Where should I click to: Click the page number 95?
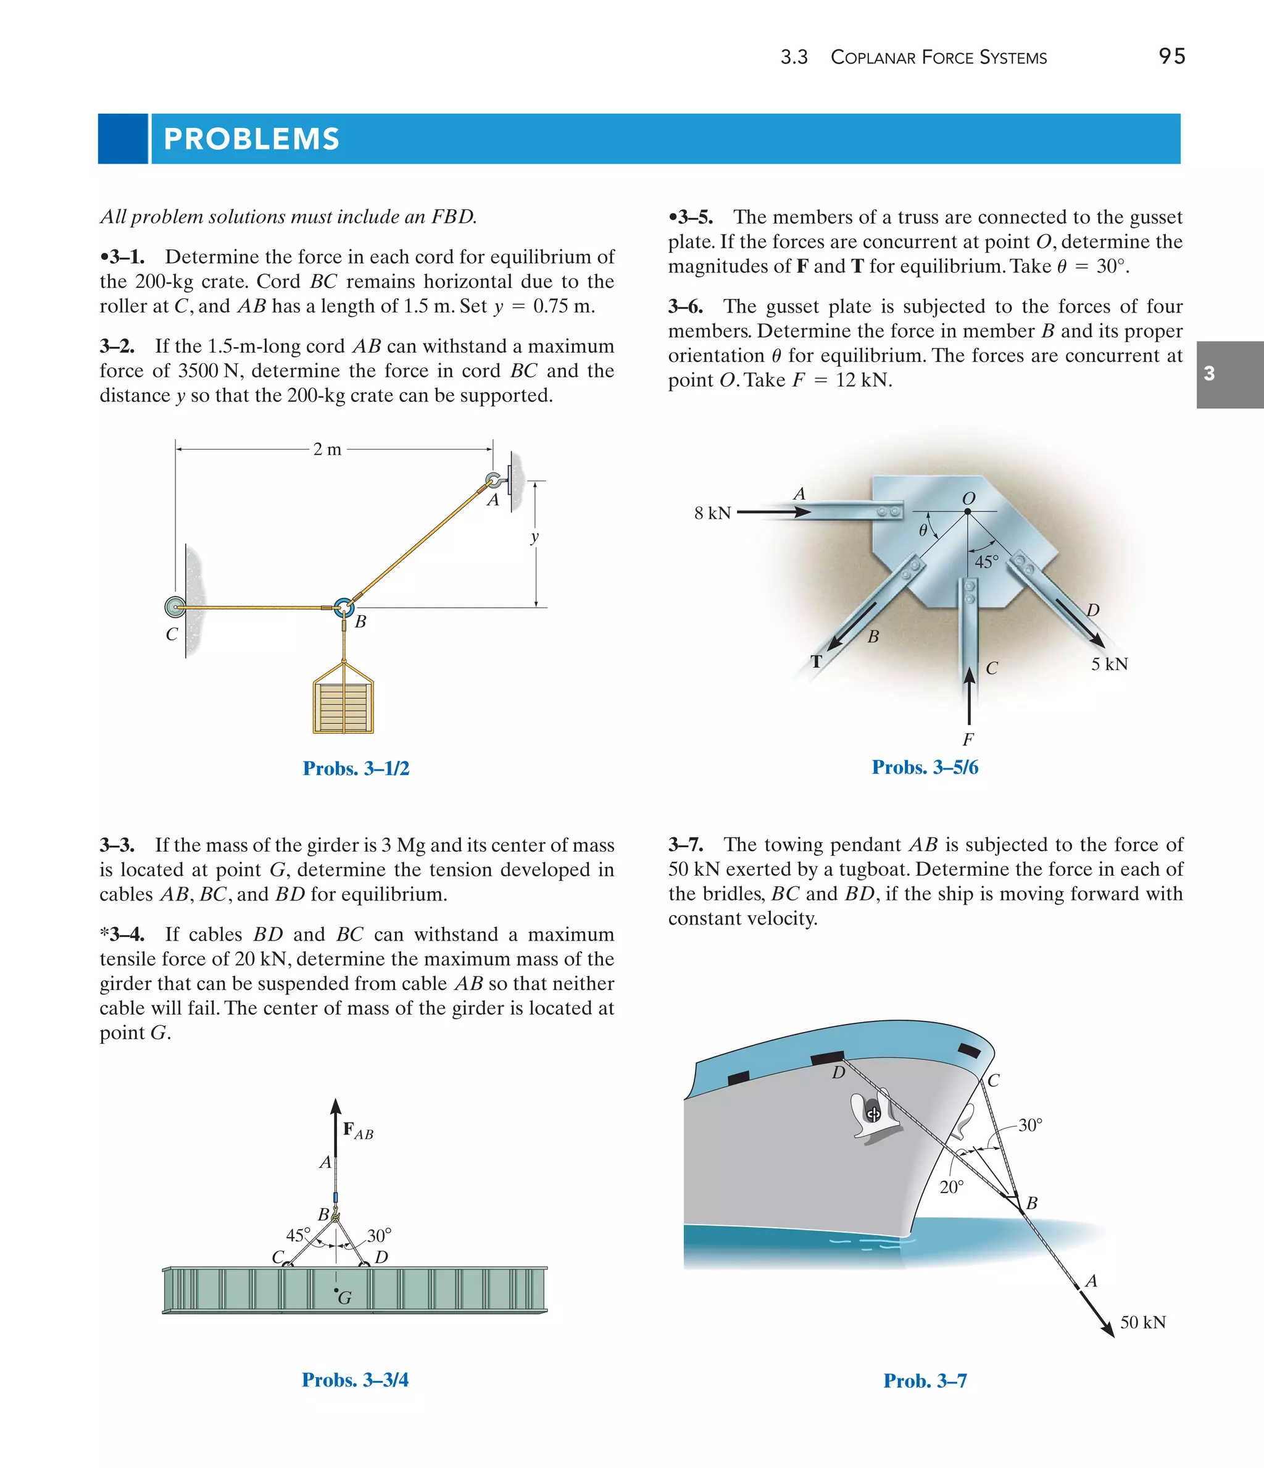click(x=1171, y=56)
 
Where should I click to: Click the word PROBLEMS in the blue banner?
click(x=251, y=139)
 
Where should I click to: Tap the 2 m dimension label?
click(x=327, y=449)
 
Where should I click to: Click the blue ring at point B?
click(x=343, y=607)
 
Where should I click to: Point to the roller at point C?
click(x=174, y=607)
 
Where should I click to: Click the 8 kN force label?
click(x=712, y=513)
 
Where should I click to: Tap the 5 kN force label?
click(x=1109, y=664)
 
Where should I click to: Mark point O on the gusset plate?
click(x=968, y=511)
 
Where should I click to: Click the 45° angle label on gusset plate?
click(x=986, y=562)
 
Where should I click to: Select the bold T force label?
click(x=817, y=661)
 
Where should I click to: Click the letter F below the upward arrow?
click(x=968, y=740)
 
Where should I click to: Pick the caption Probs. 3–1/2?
click(x=355, y=768)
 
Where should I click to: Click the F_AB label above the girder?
click(x=357, y=1131)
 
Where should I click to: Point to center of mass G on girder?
click(x=337, y=1291)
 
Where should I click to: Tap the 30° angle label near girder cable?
click(x=379, y=1236)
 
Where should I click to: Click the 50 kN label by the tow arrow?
click(x=1142, y=1322)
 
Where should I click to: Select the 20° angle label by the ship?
click(x=951, y=1187)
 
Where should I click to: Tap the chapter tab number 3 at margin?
click(x=1210, y=374)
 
